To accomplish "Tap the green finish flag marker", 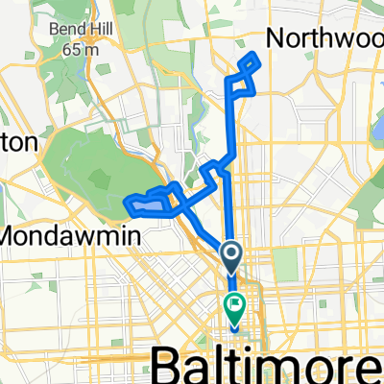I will coord(233,306).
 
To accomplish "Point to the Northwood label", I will coord(327,37).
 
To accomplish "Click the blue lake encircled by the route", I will coord(146,204).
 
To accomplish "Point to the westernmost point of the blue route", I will coord(126,202).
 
